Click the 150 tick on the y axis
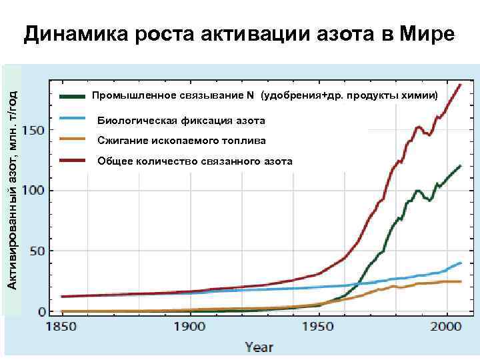click(x=35, y=130)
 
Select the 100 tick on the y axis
click(x=35, y=191)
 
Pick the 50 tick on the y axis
click(x=38, y=251)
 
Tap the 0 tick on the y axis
click(x=42, y=312)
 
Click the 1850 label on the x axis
click(x=61, y=328)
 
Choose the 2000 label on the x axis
click(x=447, y=328)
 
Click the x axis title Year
click(x=259, y=347)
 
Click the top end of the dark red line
click(x=460, y=85)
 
